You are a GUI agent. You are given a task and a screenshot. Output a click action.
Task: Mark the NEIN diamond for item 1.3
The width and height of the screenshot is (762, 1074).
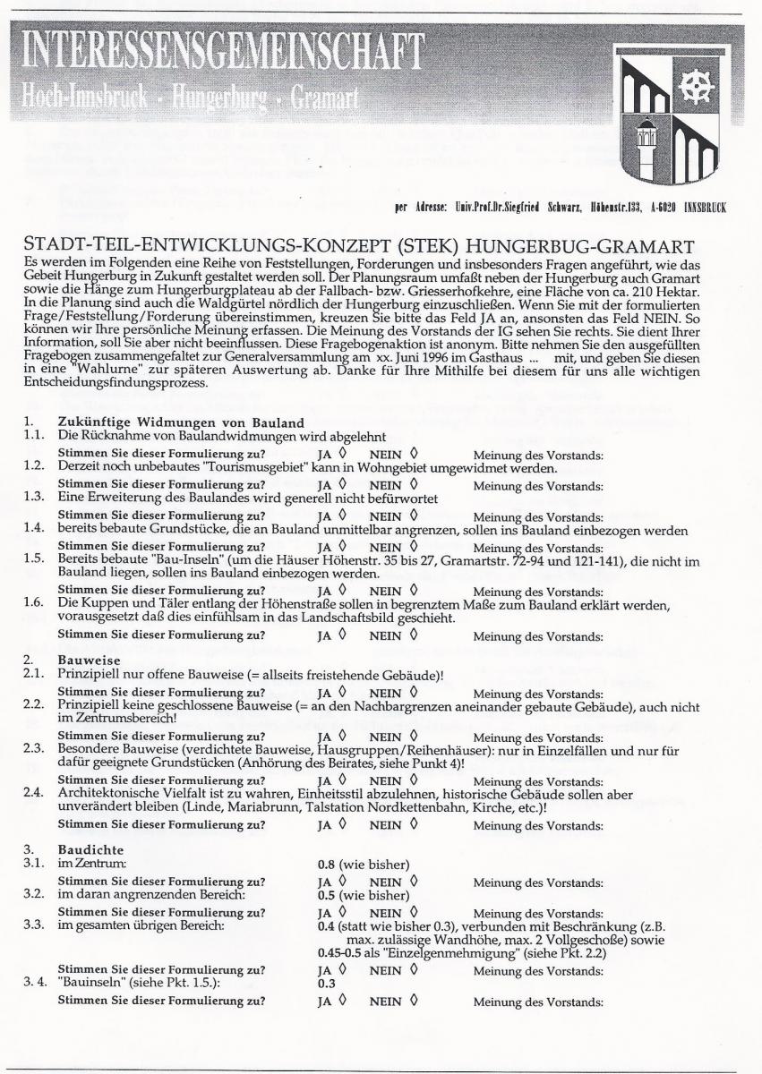[x=413, y=517]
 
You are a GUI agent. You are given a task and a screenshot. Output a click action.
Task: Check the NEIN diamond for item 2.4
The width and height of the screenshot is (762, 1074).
[x=413, y=824]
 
